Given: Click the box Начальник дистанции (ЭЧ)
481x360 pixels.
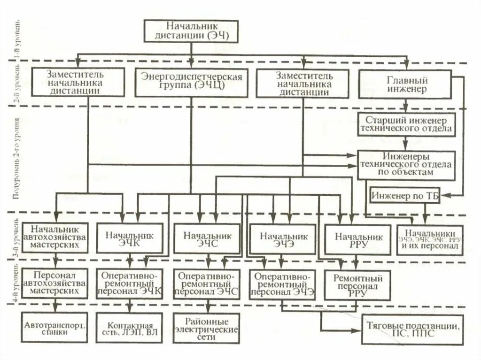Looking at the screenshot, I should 191,31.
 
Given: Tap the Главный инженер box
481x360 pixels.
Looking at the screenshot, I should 404,84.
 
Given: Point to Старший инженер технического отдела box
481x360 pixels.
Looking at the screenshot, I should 407,124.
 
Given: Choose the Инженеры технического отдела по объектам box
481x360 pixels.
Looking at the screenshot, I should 407,165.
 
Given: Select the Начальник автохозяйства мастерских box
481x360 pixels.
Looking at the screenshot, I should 55,237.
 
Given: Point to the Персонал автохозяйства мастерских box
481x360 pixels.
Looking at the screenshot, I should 55,283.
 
